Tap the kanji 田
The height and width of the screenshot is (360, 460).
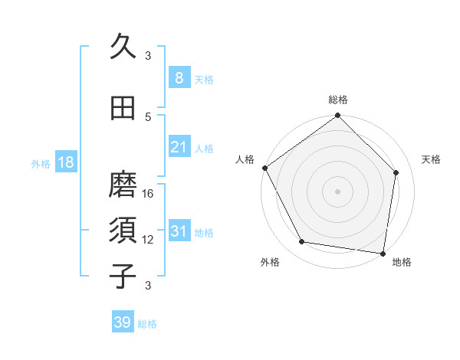[123, 108]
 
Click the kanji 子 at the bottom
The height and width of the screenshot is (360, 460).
[123, 276]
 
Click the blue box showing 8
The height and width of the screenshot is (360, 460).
[179, 78]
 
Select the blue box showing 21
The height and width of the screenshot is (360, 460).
[179, 147]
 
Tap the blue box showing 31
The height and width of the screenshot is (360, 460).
[179, 231]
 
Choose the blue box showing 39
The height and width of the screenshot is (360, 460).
[123, 322]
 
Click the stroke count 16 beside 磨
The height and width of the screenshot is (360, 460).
[149, 194]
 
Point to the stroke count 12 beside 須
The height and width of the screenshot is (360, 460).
[149, 240]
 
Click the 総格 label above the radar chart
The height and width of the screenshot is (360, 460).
[338, 100]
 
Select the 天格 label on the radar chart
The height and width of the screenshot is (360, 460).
[432, 159]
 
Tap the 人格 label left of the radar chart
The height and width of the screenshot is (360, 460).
[245, 159]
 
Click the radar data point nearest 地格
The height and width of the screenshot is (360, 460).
[383, 253]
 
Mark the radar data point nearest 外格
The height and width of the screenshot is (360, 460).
[302, 242]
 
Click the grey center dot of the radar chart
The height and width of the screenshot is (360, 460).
[338, 191]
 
